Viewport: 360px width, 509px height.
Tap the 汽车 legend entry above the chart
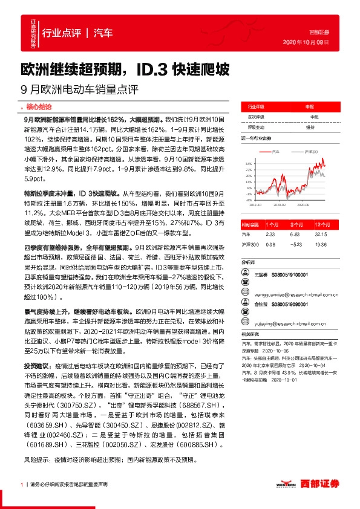click(x=276, y=152)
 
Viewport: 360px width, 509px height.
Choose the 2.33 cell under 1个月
click(x=270, y=233)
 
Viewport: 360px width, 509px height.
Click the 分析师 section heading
click(x=248, y=263)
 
